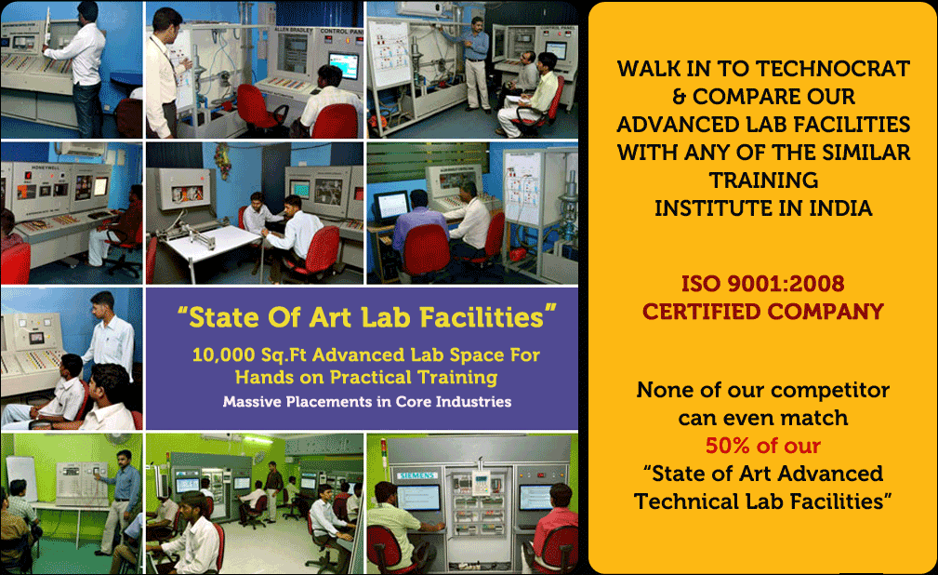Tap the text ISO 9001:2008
click(762, 283)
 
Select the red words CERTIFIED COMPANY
click(762, 312)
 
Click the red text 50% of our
click(762, 446)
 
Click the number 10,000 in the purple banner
click(224, 355)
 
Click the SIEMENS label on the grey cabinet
click(417, 475)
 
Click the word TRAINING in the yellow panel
click(763, 181)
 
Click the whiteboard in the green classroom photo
click(21, 477)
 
